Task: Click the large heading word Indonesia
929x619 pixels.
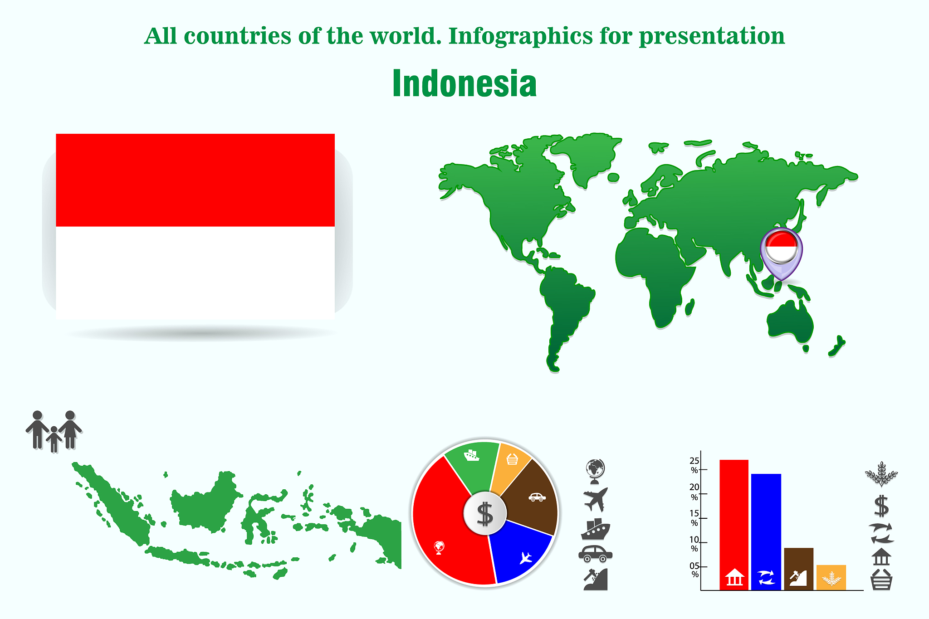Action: pyautogui.click(x=464, y=83)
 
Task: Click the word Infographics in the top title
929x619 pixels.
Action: pyautogui.click(x=520, y=36)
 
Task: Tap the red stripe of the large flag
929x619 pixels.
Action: pyautogui.click(x=195, y=180)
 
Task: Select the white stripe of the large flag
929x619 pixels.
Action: pyautogui.click(x=195, y=273)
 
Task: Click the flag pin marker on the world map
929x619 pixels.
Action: pyautogui.click(x=781, y=252)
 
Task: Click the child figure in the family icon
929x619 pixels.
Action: pyautogui.click(x=54, y=439)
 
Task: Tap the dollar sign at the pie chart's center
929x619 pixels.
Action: pyautogui.click(x=485, y=514)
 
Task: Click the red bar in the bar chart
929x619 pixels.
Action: pyautogui.click(x=734, y=525)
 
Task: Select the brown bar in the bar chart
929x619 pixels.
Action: pyautogui.click(x=798, y=569)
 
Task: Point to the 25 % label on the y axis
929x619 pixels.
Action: pyautogui.click(x=694, y=465)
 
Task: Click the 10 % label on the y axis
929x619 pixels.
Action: pyautogui.click(x=694, y=544)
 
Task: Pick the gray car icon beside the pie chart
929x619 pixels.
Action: pyautogui.click(x=595, y=554)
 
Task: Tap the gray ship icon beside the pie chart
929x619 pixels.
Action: pyautogui.click(x=596, y=529)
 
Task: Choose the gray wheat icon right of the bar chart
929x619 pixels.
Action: pyautogui.click(x=881, y=474)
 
